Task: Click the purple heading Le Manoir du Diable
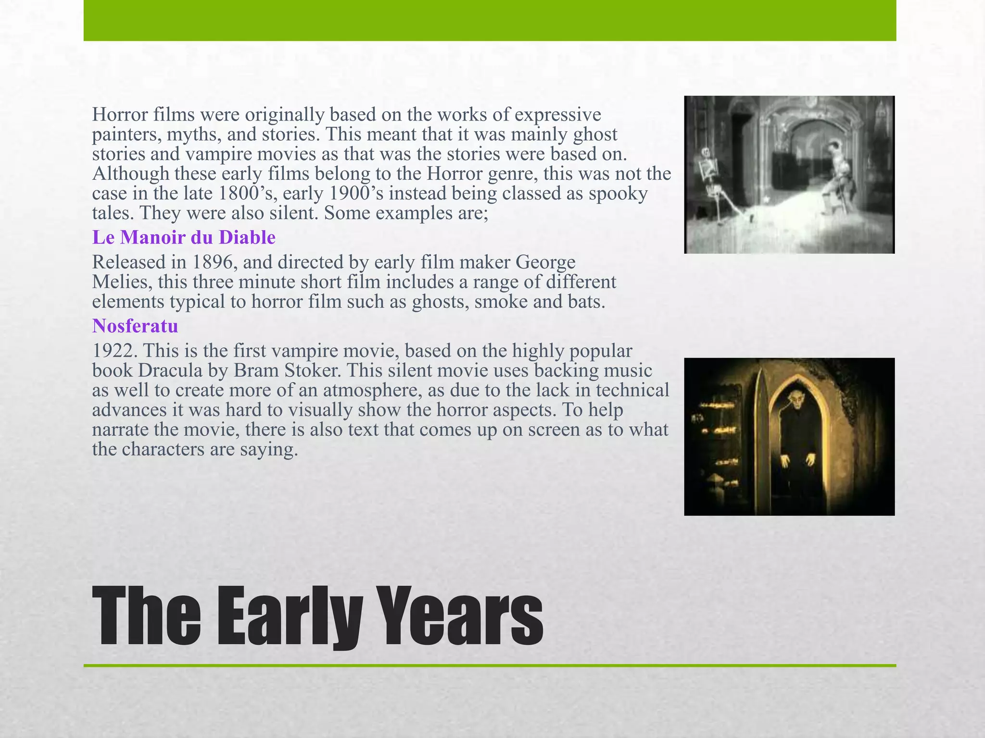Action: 184,237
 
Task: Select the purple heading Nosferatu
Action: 135,326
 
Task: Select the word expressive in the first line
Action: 558,115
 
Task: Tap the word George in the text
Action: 545,262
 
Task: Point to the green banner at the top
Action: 490,20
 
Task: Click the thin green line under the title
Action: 490,665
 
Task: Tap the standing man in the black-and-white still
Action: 837,178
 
